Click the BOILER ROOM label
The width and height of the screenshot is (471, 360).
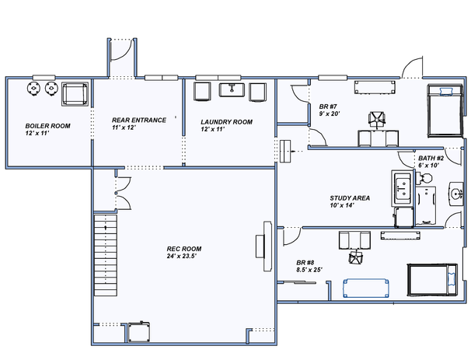47,126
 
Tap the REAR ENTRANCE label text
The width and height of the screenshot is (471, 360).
139,121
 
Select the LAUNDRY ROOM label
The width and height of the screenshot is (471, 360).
226,122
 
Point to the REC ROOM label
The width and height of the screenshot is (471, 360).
184,249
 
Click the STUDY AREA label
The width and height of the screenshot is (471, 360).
350,198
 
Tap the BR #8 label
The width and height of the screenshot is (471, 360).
305,263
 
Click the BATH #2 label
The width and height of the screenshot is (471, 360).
431,158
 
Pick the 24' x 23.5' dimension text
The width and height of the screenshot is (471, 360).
181,256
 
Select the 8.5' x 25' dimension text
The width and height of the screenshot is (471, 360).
309,270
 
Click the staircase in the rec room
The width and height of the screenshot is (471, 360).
106,255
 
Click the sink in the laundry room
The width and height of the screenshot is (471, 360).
232,90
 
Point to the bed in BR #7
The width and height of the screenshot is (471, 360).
445,111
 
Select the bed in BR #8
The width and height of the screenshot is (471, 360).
432,280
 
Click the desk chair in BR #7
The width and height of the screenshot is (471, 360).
377,120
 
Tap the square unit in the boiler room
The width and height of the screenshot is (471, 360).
75,94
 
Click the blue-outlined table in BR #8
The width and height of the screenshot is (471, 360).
366,288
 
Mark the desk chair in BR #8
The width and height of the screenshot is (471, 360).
356,257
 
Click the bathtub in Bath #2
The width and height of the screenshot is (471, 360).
426,205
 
